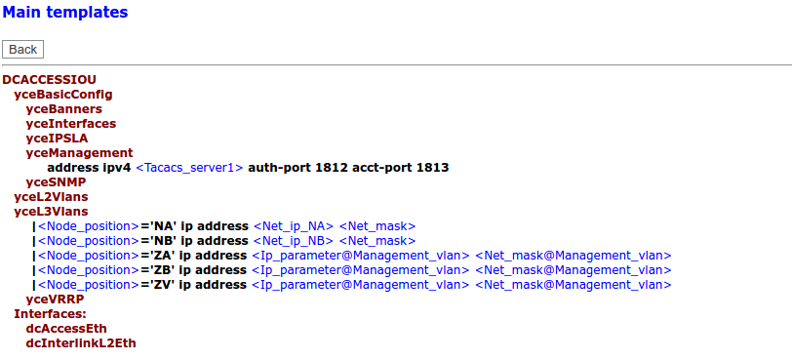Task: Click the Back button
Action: [x=22, y=49]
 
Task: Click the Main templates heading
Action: [x=64, y=13]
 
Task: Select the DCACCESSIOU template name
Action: [x=49, y=79]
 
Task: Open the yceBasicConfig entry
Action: [x=62, y=95]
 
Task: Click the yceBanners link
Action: [x=63, y=109]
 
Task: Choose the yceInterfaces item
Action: [x=70, y=124]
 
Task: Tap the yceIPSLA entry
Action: [x=57, y=139]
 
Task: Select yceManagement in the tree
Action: [x=79, y=153]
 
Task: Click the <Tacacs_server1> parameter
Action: [x=189, y=168]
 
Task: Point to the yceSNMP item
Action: [x=56, y=182]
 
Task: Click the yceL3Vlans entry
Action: [x=51, y=212]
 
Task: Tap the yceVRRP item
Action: [x=55, y=300]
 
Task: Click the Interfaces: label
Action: [x=50, y=314]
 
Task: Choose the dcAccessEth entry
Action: [x=66, y=329]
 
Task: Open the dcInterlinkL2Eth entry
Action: [x=81, y=343]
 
